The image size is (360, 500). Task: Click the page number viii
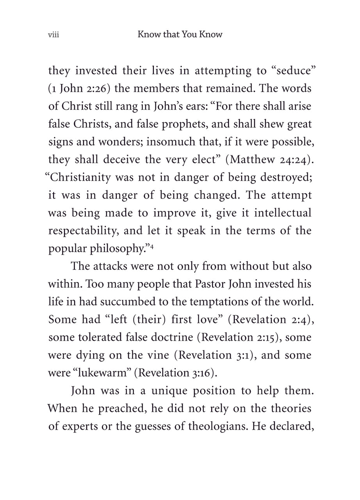[x=53, y=35]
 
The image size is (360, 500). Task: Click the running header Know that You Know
[x=180, y=34]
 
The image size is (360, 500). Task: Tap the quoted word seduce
[x=290, y=71]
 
